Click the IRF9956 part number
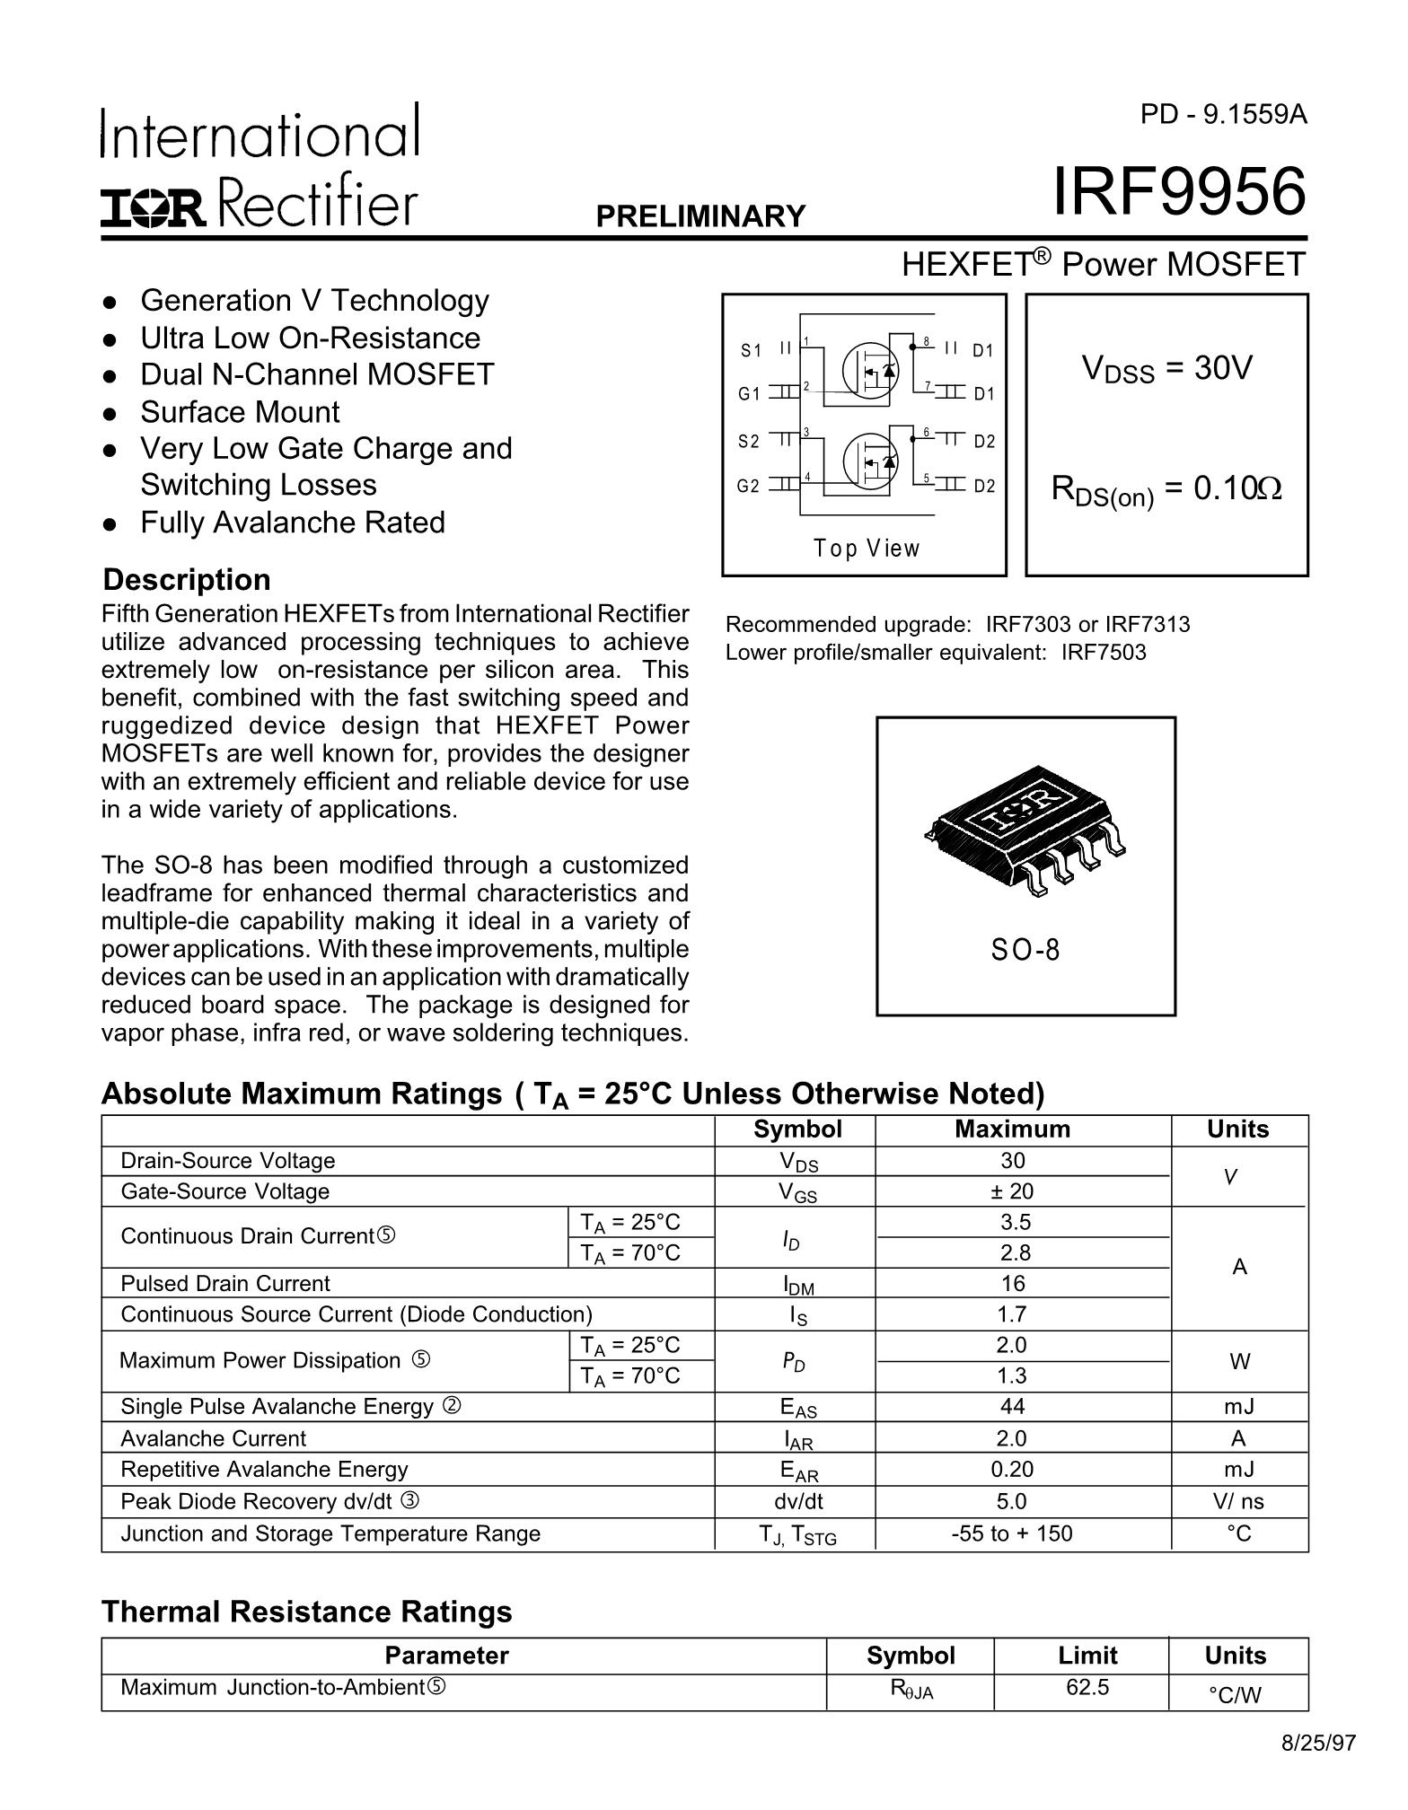(1179, 193)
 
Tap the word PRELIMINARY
(700, 216)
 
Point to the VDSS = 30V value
(1166, 368)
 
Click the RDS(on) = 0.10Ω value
(1166, 490)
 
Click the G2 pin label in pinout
(748, 486)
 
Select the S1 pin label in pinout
(750, 350)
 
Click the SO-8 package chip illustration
(1025, 828)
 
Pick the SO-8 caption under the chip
(1025, 950)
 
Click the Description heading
(187, 580)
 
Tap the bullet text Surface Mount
(240, 412)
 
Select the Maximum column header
(1012, 1129)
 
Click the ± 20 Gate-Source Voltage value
(1012, 1191)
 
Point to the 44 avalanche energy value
(1012, 1406)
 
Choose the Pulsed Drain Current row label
(225, 1284)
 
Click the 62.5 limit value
(1087, 1687)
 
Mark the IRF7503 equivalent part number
(1104, 653)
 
